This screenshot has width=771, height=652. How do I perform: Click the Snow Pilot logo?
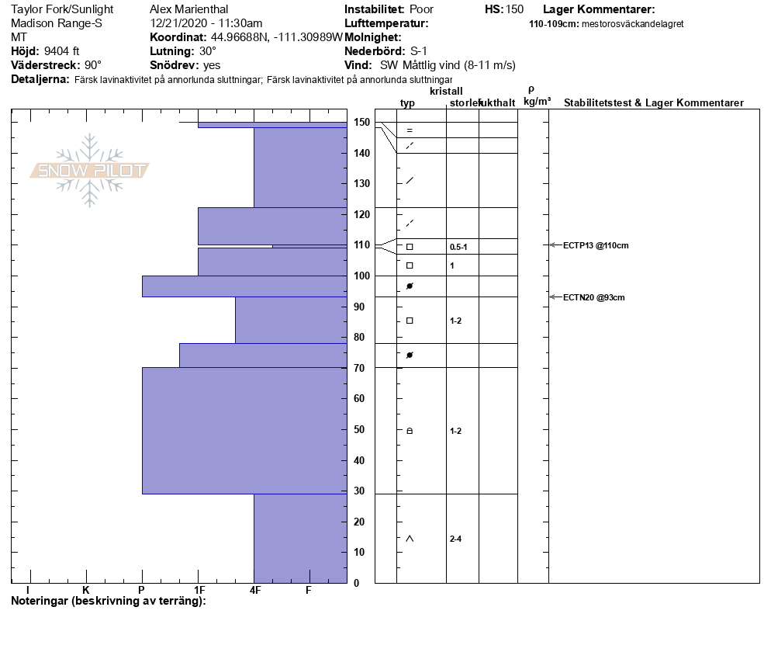90,170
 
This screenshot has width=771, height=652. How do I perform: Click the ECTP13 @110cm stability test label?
595,245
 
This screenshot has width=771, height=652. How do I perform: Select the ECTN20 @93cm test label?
593,297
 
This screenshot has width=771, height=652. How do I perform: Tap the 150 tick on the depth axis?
361,123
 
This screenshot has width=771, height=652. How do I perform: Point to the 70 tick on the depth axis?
361,368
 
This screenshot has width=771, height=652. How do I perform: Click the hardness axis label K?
85,590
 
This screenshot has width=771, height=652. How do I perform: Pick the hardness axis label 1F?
199,590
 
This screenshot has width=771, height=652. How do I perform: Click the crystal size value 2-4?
456,539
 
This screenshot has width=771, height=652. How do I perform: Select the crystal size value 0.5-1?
458,247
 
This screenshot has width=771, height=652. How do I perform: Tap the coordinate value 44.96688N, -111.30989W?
276,37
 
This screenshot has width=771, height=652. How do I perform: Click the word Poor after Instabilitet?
421,9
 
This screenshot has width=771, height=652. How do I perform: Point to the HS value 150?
514,9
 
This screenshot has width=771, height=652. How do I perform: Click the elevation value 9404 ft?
62,51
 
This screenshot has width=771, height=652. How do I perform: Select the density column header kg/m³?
537,101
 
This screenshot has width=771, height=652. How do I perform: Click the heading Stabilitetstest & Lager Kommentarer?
653,103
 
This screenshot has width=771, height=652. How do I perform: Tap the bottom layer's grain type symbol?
410,539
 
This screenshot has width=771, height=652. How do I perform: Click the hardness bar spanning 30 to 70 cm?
244,430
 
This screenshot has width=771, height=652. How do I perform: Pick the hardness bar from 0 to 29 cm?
299,538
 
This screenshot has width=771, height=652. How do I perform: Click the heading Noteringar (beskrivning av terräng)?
109,601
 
